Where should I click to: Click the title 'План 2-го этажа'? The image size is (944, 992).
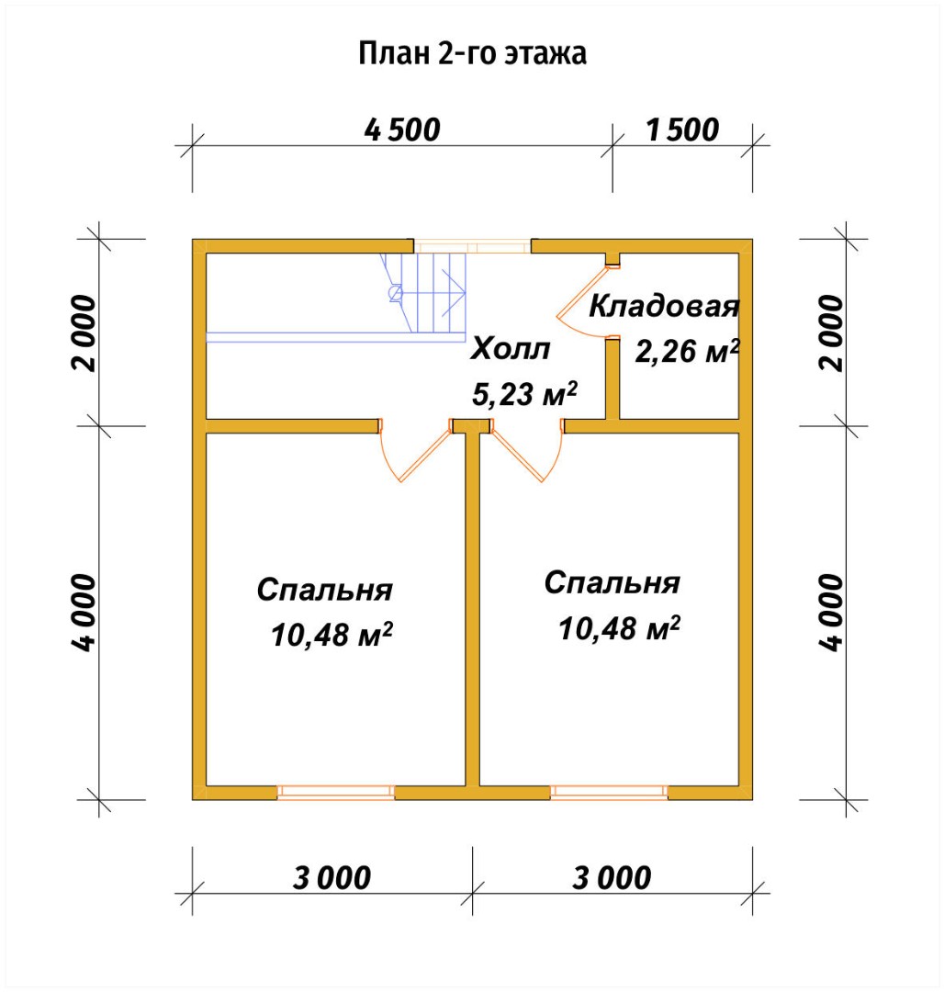[472, 53]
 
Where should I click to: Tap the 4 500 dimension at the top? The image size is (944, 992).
[402, 130]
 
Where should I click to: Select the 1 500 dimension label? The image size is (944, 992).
[682, 130]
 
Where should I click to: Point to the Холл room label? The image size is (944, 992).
[511, 349]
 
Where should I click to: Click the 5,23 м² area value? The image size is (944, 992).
[524, 393]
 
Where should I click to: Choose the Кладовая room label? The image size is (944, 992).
[664, 306]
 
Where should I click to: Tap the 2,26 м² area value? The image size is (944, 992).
[687, 351]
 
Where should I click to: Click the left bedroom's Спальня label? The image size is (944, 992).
[324, 590]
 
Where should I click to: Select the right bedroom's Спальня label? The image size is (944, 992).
[612, 582]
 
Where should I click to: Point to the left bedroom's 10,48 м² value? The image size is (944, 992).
[332, 635]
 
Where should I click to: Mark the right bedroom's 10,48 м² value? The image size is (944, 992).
[619, 628]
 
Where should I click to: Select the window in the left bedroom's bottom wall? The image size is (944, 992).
[336, 792]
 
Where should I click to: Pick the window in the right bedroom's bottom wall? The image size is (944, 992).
[609, 792]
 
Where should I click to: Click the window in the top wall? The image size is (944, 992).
[472, 246]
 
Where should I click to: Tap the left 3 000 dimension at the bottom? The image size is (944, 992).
[332, 878]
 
